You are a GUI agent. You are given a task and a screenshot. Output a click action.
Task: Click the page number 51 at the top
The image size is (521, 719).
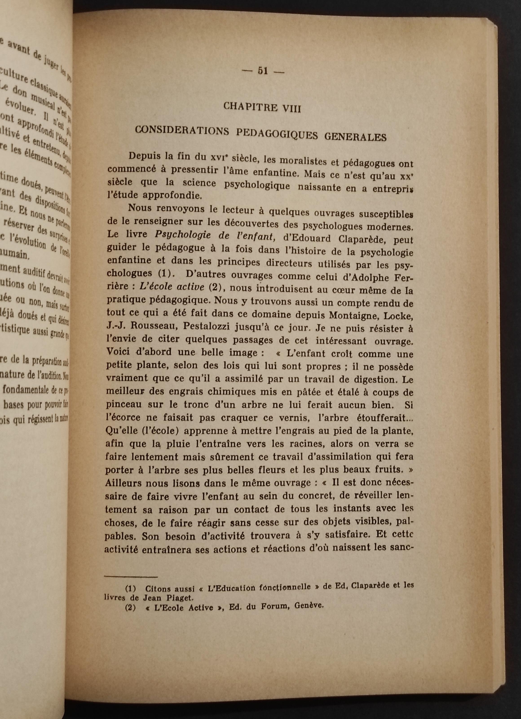263,71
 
